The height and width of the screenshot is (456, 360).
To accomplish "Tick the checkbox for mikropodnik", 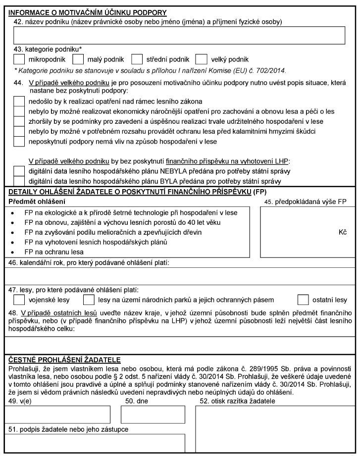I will tap(19, 59).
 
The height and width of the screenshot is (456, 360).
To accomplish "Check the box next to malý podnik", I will tap(78, 59).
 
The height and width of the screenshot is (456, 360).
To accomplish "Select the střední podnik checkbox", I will tap(138, 59).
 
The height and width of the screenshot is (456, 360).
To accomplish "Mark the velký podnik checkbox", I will tap(201, 59).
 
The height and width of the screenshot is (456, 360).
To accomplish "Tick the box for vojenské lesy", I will tap(19, 300).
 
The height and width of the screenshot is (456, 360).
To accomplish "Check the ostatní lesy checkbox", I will tap(303, 300).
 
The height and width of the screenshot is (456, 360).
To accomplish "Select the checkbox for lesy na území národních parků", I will tap(89, 300).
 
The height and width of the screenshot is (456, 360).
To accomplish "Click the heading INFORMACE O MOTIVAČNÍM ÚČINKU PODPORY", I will tap(88, 12).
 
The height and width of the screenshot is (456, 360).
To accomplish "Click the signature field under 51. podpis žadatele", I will tap(95, 443).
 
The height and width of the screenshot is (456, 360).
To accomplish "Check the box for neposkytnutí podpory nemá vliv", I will tap(19, 142).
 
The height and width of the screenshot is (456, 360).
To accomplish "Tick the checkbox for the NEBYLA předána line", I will tap(19, 171).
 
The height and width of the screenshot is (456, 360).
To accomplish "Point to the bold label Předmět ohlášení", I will tap(37, 202).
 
